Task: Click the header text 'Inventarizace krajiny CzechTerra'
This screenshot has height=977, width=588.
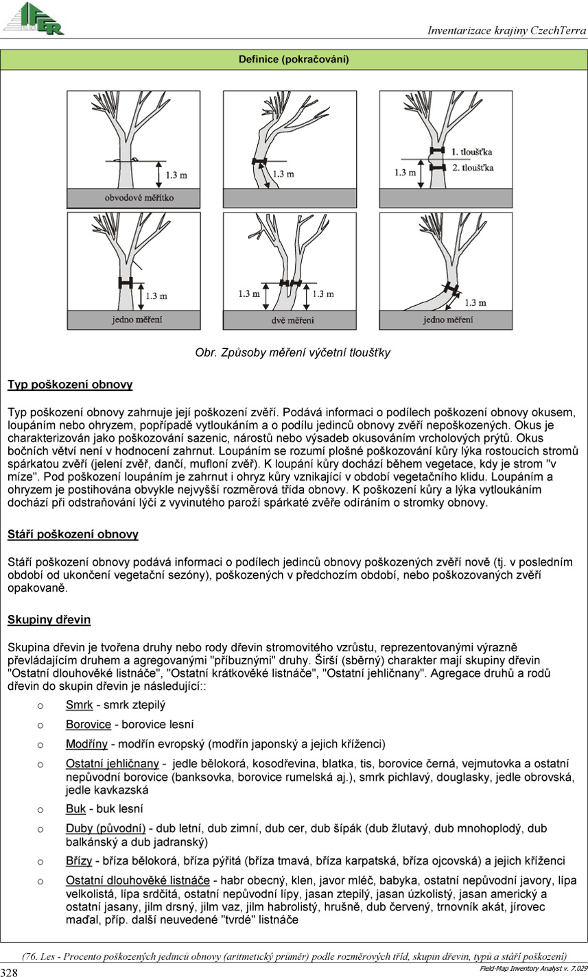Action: coord(506,30)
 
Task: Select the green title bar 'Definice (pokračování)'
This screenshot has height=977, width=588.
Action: coord(294,60)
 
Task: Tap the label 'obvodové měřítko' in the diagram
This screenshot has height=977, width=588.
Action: coord(139,198)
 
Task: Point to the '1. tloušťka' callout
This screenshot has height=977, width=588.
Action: coord(472,150)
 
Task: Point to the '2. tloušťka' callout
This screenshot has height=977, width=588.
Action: coord(472,167)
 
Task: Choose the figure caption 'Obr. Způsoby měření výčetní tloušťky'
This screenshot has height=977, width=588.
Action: coord(293,353)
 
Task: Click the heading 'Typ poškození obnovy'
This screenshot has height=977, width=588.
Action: coord(70,385)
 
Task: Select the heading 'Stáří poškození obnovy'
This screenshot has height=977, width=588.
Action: coord(73,533)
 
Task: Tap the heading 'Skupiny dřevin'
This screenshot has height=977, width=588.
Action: coord(49,620)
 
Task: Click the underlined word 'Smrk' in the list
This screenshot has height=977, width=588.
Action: coord(79,704)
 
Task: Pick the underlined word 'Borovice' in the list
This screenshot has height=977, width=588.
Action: coord(88,724)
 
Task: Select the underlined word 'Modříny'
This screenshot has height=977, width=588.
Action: coord(86,744)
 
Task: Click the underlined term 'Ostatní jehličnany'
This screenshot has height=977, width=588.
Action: coord(112,764)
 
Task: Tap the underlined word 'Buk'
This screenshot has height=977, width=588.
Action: coord(75,809)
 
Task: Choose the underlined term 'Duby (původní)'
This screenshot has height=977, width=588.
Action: coord(106,829)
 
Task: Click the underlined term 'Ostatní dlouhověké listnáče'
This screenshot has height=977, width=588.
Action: coord(137,880)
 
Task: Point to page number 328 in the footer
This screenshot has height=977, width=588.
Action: coord(10,972)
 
